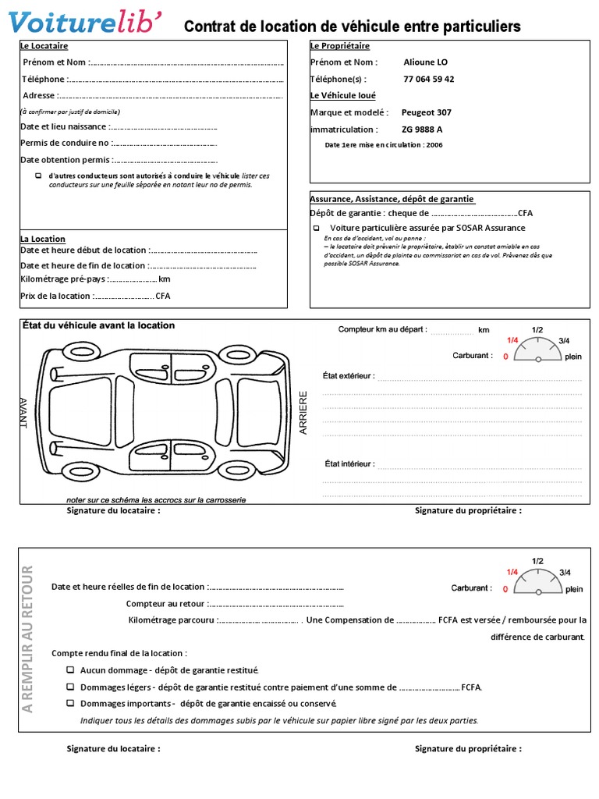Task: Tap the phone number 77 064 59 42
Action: [429, 79]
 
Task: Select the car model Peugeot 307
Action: [426, 112]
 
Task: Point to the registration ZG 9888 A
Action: [422, 130]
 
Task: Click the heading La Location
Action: [43, 239]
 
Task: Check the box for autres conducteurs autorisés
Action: [39, 176]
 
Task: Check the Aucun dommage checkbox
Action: [70, 670]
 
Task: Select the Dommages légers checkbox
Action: [70, 687]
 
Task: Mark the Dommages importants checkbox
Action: [70, 703]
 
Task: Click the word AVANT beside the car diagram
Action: [23, 413]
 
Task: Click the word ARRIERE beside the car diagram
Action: [304, 413]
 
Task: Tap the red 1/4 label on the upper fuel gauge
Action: [512, 340]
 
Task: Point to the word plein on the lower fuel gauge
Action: [573, 590]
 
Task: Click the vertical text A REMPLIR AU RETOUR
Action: [28, 637]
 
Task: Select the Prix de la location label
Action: [55, 296]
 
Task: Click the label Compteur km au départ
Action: [382, 330]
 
